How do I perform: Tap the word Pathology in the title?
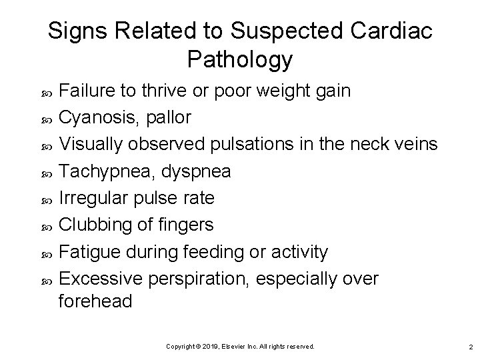coord(240,59)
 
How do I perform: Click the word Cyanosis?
coord(102,118)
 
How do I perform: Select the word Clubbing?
coord(99,225)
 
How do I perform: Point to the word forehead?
coord(96,301)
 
